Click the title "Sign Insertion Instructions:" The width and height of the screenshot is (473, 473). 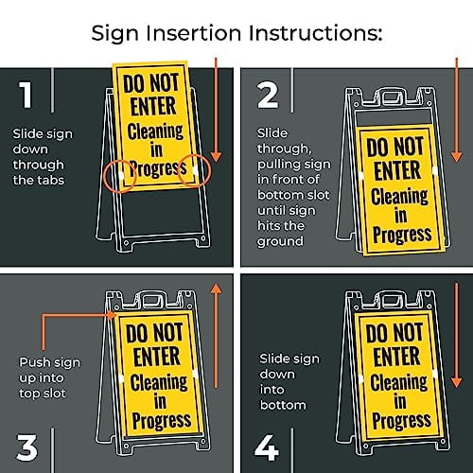236,33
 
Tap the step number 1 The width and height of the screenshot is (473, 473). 26,95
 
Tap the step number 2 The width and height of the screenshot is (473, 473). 269,95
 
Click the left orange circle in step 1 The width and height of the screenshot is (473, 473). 118,174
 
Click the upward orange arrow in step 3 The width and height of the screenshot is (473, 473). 216,350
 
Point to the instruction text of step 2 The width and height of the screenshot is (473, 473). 289,188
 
